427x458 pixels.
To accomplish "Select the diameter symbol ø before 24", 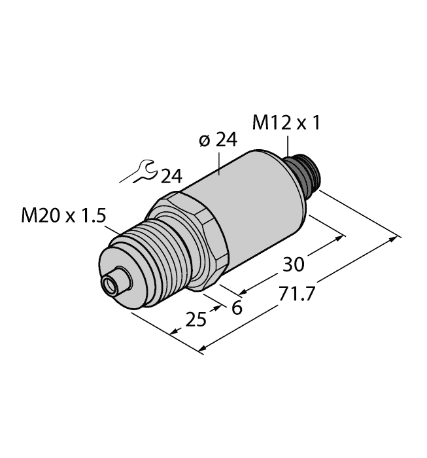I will tap(203, 142).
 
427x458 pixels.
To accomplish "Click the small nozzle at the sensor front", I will tap(114, 280).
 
